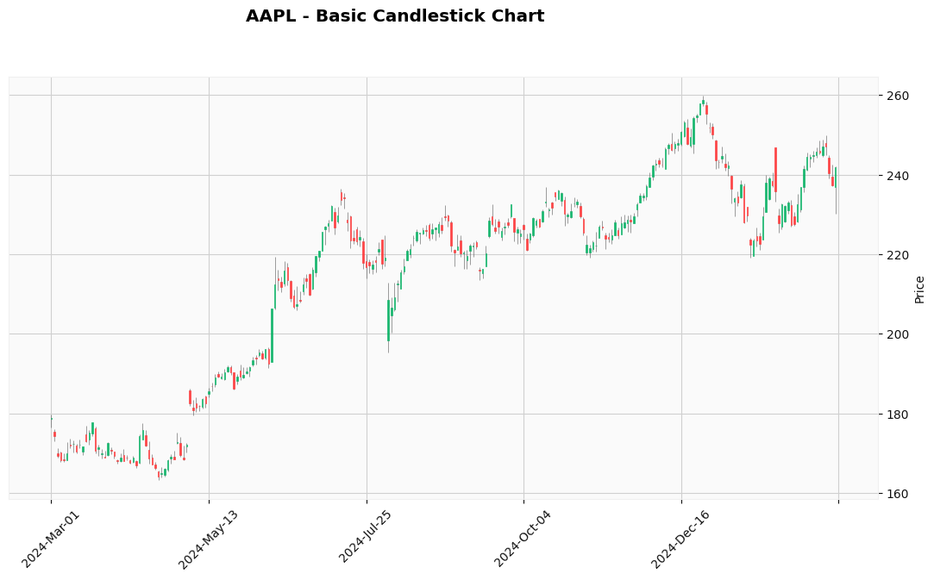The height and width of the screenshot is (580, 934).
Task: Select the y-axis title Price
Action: pos(919,290)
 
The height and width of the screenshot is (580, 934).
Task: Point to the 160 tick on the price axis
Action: pos(896,494)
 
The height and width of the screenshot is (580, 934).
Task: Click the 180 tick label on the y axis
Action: pos(896,415)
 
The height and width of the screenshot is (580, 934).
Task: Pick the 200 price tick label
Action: pos(896,334)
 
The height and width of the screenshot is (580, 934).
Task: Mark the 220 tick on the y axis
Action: pos(896,255)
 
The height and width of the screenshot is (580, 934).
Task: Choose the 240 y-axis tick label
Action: pos(896,176)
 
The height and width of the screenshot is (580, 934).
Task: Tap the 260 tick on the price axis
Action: pos(896,96)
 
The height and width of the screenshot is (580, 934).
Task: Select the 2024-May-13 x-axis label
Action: pos(208,539)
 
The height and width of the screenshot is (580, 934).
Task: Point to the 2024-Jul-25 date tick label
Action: pos(366,539)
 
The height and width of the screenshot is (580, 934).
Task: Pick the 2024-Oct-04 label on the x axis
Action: pos(523,539)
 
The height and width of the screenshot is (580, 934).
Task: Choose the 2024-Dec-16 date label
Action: pos(680,539)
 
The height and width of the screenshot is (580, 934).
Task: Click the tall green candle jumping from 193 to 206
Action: pos(272,335)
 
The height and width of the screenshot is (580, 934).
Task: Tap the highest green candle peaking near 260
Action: pos(703,103)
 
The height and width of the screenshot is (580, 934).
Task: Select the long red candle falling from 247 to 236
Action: pos(775,169)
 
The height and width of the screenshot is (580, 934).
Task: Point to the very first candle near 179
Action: pos(51,419)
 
